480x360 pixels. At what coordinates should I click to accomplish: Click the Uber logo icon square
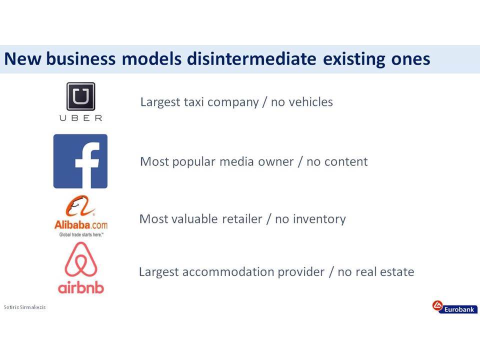(81, 96)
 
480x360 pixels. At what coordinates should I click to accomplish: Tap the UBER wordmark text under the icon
(81, 118)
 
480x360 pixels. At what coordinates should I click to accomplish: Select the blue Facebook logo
(80, 161)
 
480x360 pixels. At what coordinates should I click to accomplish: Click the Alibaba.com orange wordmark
(81, 225)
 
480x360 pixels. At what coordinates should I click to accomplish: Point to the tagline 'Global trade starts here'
(81, 235)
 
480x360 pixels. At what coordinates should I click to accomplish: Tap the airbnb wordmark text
(81, 287)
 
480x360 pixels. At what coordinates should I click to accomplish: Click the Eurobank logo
(455, 307)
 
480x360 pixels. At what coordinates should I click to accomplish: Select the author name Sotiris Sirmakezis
(24, 307)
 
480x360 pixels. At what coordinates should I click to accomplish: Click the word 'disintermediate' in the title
(251, 58)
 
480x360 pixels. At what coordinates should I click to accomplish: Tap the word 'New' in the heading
(22, 59)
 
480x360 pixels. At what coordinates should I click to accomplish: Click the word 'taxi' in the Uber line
(193, 102)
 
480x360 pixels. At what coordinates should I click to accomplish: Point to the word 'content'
(346, 162)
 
